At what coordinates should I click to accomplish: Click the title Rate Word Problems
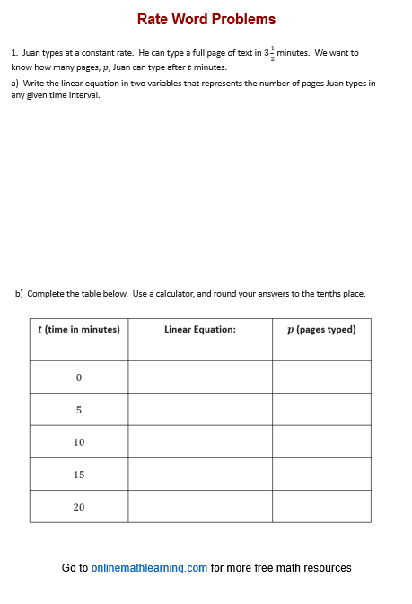point(206,19)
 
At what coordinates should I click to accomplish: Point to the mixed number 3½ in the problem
point(268,53)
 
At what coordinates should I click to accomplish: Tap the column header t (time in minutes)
point(78,330)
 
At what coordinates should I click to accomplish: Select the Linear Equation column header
point(200,330)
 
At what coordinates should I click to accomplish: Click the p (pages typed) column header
point(321,330)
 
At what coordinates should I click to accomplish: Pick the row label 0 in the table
point(79,377)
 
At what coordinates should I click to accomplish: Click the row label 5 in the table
point(79,410)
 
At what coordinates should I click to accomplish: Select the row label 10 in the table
point(79,442)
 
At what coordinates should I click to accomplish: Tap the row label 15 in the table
point(79,475)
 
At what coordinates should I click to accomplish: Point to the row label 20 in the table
point(79,507)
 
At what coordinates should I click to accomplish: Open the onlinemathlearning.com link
point(149,568)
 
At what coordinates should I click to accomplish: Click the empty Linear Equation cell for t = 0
point(200,377)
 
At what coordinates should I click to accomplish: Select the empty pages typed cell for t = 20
point(321,507)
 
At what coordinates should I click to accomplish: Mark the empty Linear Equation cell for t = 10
point(200,442)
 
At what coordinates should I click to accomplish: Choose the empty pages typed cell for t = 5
point(321,410)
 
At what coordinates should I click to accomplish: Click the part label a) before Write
point(15,83)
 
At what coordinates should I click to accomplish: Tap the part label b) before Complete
point(20,293)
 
